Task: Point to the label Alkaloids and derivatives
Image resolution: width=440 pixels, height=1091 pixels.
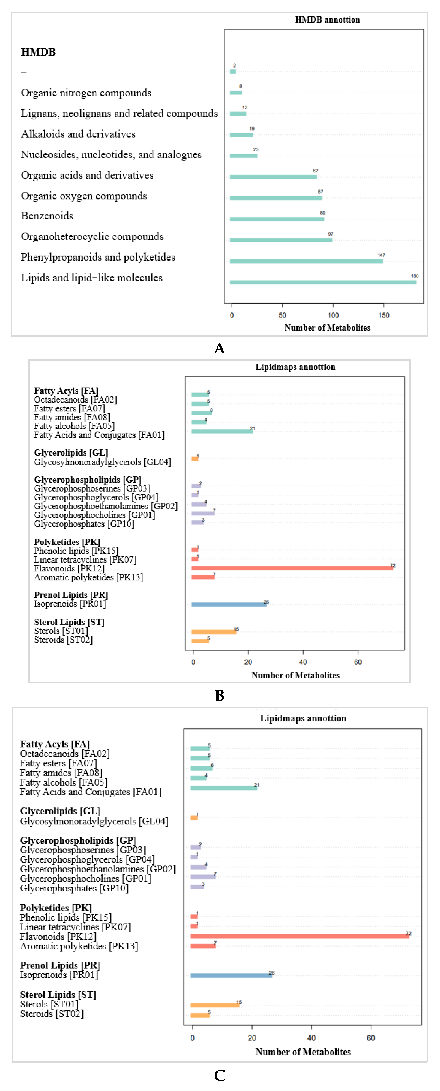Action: pos(78,134)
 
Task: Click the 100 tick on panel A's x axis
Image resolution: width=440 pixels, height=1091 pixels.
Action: pos(333,315)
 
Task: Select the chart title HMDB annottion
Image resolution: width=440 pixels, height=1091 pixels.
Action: pos(327,20)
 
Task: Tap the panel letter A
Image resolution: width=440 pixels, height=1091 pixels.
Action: pos(220,348)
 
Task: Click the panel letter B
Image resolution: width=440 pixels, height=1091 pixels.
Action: pos(220,695)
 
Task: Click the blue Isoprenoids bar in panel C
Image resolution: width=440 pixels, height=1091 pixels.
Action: pos(231,975)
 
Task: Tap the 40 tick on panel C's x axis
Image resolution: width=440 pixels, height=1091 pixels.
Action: pos(311,1038)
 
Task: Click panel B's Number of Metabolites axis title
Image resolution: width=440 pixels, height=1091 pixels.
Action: pos(295,675)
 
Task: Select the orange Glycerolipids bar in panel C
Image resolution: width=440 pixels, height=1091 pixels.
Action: pos(194,817)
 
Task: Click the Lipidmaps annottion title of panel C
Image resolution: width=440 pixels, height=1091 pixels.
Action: pos(303,718)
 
